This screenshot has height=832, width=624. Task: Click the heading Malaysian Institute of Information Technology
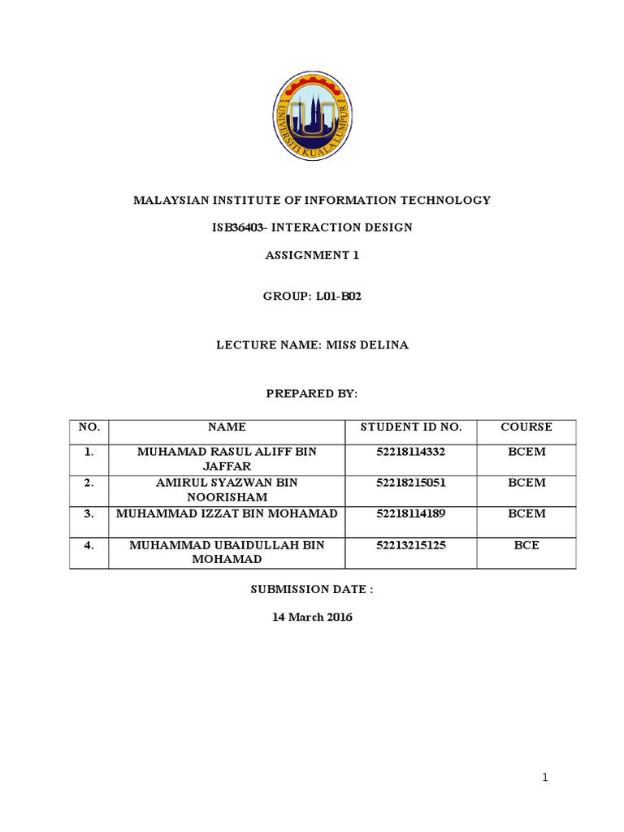tap(312, 200)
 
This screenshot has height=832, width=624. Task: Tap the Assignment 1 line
tap(312, 255)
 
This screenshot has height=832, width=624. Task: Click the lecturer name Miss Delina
tap(367, 345)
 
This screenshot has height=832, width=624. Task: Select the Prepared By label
tap(312, 393)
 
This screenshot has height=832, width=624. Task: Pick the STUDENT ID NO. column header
tap(411, 427)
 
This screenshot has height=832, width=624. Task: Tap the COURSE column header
tap(526, 427)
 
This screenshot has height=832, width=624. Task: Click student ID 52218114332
tap(411, 450)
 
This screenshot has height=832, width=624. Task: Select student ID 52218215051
tap(411, 483)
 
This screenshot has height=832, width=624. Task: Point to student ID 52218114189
tap(411, 513)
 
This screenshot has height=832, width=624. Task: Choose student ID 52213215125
tap(411, 545)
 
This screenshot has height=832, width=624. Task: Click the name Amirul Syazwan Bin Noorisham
tap(227, 490)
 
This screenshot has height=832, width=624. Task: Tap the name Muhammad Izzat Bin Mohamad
tap(227, 513)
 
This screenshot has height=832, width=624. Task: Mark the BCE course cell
tap(526, 545)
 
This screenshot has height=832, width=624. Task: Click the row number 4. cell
tap(89, 545)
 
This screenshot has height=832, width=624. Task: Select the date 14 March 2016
tap(312, 617)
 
